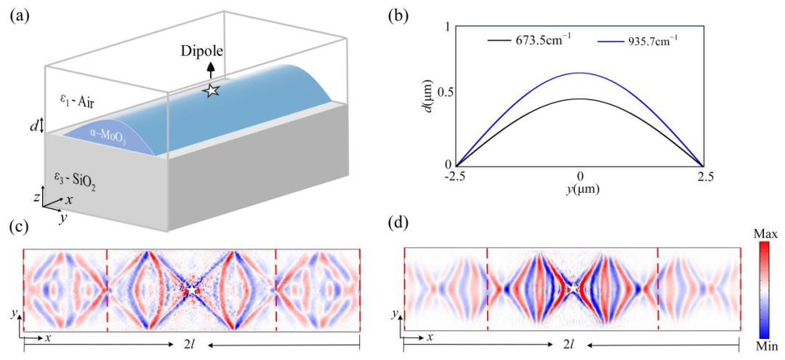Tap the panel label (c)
click(x=19, y=226)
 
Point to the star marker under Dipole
click(x=211, y=90)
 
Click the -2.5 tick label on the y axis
click(x=456, y=177)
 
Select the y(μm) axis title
click(x=580, y=189)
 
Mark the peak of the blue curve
click(x=580, y=73)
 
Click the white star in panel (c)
click(x=191, y=289)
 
